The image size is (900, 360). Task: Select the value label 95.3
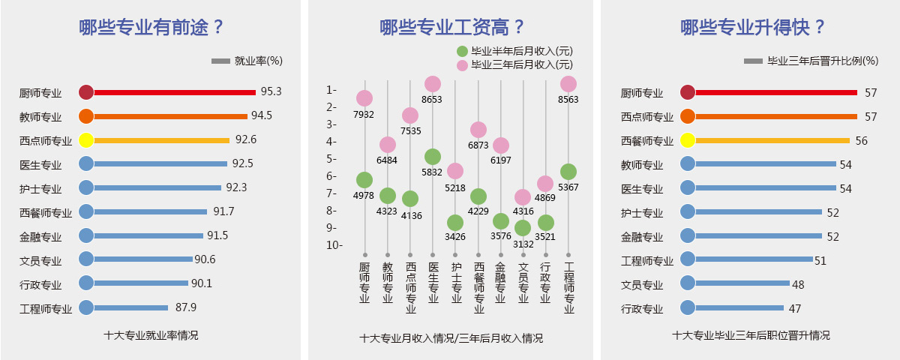coord(271,91)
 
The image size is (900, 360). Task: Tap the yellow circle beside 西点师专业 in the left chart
coord(86,140)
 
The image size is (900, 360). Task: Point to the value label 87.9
coord(186,307)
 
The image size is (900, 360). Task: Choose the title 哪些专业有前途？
coord(152,28)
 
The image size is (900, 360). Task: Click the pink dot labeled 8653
coord(433,84)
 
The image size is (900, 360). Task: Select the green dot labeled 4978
coord(364,180)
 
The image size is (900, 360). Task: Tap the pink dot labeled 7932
coord(364,98)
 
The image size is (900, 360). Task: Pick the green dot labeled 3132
coord(523,228)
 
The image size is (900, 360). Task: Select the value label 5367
coord(568,187)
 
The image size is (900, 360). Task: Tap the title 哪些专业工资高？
coord(452,28)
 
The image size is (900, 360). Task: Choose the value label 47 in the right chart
coord(796,307)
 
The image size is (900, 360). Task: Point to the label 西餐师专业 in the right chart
coord(647,141)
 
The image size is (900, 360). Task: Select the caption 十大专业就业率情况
coord(151,335)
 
